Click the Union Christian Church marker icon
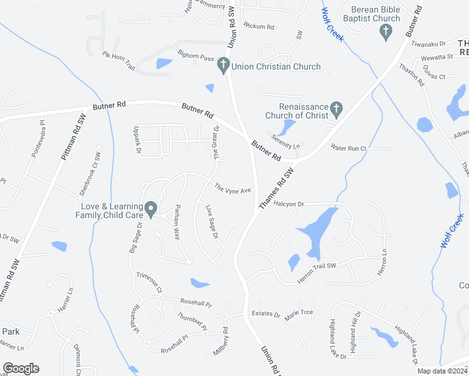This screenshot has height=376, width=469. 223,64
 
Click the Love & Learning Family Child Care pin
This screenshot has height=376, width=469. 150,208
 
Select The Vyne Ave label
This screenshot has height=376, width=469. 233,188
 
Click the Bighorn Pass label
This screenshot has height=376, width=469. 196,56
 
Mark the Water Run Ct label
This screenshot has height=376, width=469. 348,148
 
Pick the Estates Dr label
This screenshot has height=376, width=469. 265,313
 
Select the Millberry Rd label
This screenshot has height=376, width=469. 220,343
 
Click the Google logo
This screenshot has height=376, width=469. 21,368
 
